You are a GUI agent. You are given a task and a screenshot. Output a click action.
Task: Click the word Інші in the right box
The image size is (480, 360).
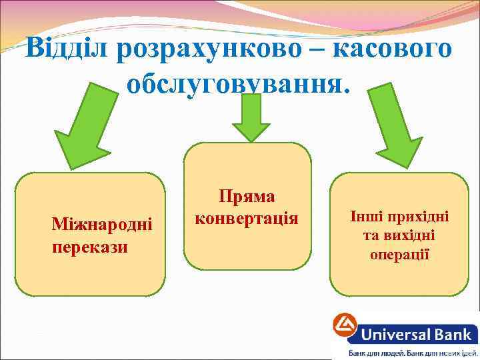(x=366, y=217)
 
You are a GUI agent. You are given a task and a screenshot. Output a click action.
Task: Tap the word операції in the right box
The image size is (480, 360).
(x=399, y=255)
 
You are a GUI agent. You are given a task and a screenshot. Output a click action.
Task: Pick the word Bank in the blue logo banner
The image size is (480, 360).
(x=449, y=333)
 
